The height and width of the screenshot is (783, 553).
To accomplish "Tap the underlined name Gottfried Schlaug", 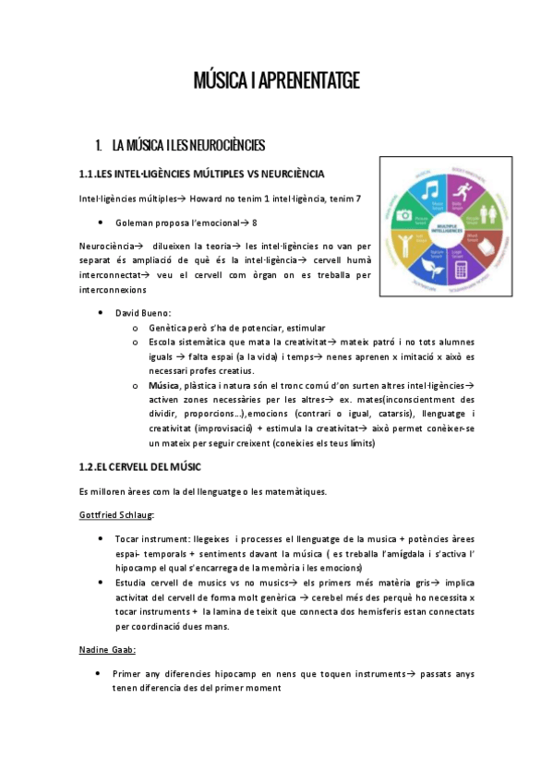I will click(x=116, y=513).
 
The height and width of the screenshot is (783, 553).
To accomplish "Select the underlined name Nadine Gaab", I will click(x=105, y=650).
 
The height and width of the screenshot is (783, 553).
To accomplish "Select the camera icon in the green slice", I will click(x=404, y=215).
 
